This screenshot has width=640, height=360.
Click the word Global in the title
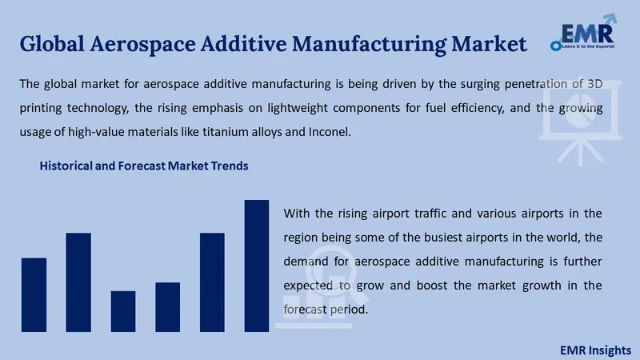coord(52,44)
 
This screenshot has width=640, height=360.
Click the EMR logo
coord(583,32)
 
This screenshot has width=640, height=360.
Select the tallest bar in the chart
coord(257,266)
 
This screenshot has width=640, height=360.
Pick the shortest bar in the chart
coord(123,311)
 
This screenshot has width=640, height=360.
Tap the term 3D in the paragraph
coord(594,84)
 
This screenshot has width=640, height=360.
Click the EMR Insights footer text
coord(595,350)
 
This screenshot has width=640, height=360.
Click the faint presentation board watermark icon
coord(581,122)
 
